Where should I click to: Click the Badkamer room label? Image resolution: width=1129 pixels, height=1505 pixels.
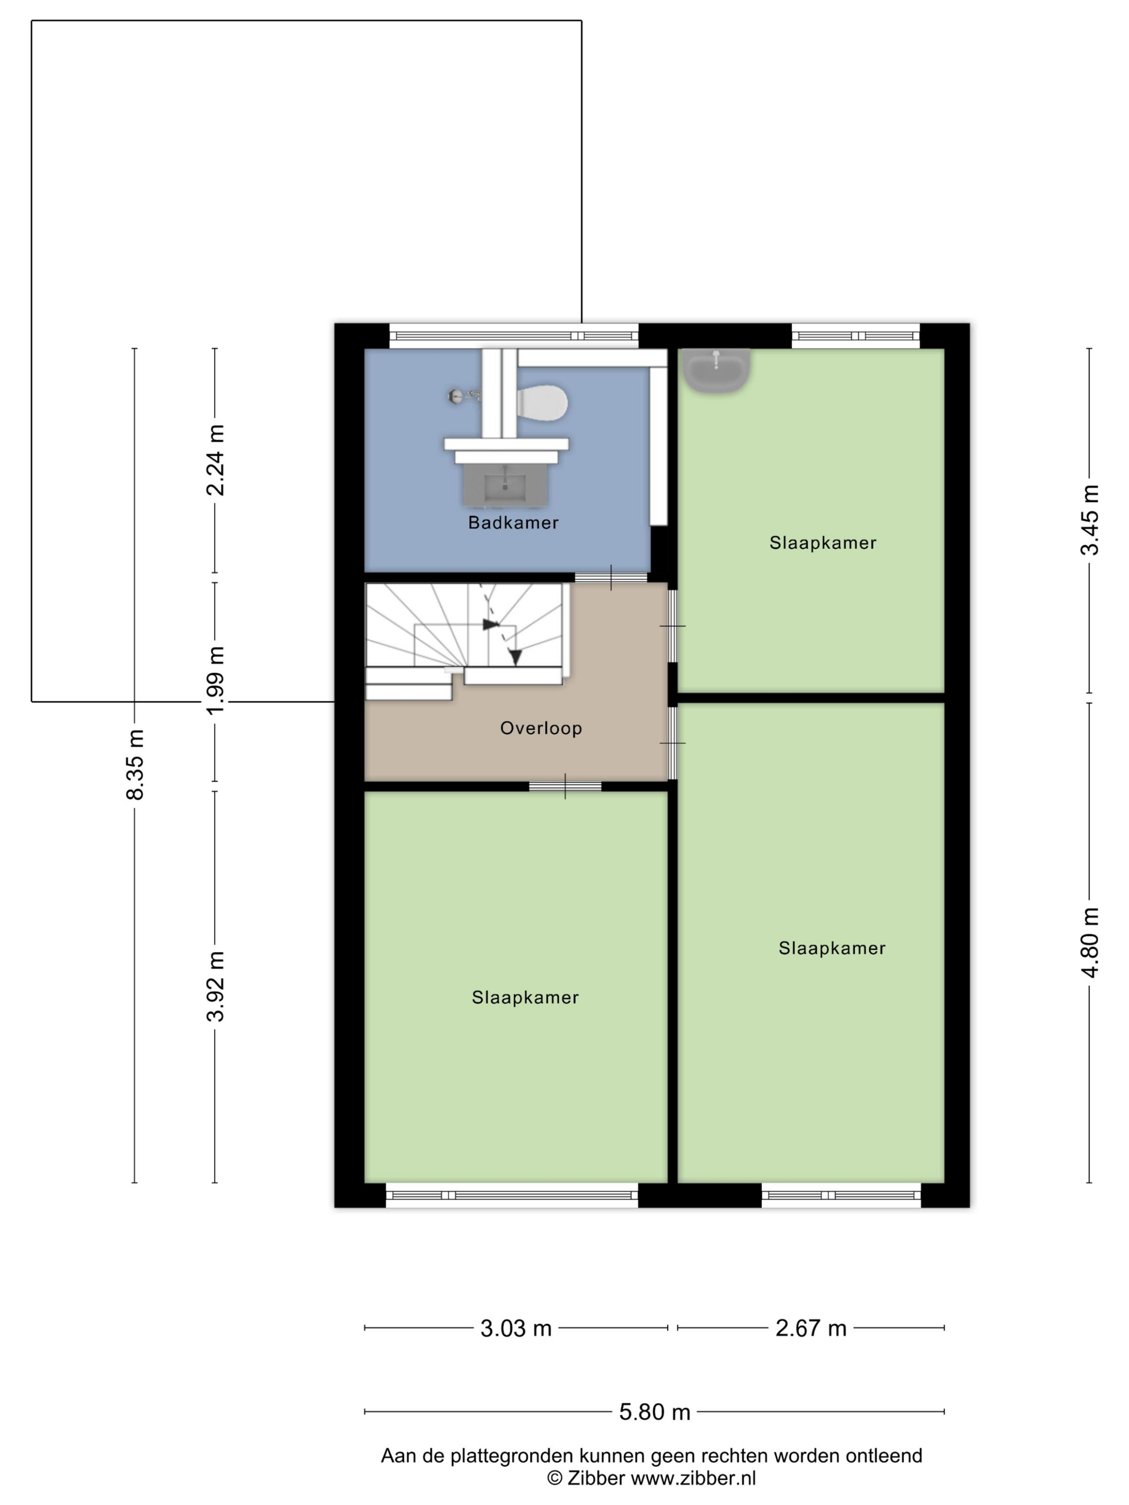click(x=513, y=522)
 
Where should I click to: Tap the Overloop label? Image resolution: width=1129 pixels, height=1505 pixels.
click(x=541, y=728)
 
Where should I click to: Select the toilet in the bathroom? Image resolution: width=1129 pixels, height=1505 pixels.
click(x=542, y=402)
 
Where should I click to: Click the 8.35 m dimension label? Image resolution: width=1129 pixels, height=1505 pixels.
click(x=135, y=764)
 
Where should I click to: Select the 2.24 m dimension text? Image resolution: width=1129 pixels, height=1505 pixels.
click(x=215, y=461)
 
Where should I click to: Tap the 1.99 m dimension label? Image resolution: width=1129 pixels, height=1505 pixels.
click(x=215, y=680)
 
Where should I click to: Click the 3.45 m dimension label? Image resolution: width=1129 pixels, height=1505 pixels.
click(x=1090, y=520)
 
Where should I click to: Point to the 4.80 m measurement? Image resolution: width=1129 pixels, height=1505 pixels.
click(x=1090, y=942)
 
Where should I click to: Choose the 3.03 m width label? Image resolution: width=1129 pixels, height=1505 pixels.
click(x=516, y=1328)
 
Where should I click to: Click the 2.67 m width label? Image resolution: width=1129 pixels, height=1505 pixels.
click(x=811, y=1328)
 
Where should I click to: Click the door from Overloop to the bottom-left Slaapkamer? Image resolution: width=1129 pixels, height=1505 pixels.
click(x=565, y=786)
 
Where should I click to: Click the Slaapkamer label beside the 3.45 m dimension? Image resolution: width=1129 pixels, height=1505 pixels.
click(x=823, y=543)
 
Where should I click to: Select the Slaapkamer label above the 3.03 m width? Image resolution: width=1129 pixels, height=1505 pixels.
click(x=525, y=998)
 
